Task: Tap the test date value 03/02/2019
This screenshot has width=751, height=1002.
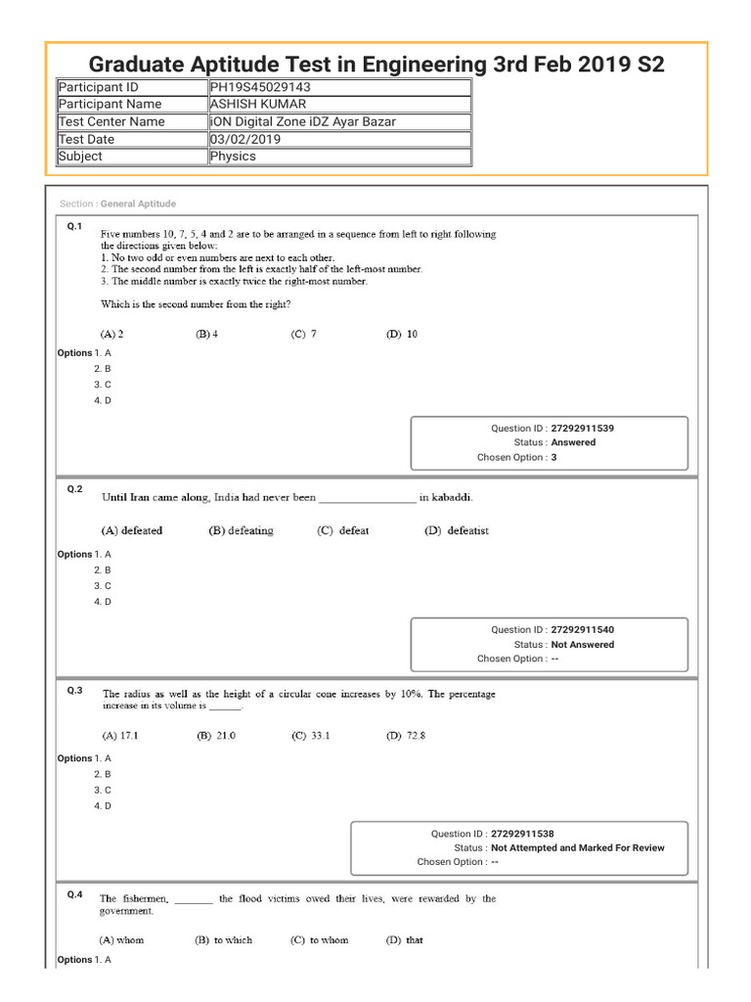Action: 244,139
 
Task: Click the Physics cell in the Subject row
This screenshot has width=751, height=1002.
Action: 233,157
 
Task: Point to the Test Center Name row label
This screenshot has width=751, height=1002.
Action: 111,122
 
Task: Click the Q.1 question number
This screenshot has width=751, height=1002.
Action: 73,226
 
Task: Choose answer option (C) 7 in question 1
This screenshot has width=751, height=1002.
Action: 304,334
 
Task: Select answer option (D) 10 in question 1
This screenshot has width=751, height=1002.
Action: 401,334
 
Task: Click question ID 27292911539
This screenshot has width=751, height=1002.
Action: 583,429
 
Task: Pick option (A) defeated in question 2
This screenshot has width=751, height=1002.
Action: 132,530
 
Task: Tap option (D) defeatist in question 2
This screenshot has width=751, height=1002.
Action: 456,530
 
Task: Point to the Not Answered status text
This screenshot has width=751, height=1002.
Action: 583,645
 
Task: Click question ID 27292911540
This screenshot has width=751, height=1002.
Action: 583,630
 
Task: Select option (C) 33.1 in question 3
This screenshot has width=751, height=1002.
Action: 311,735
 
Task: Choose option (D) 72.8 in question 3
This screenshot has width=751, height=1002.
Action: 406,735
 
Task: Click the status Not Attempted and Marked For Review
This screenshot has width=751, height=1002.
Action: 577,847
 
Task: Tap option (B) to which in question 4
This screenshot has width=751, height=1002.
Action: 223,939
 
